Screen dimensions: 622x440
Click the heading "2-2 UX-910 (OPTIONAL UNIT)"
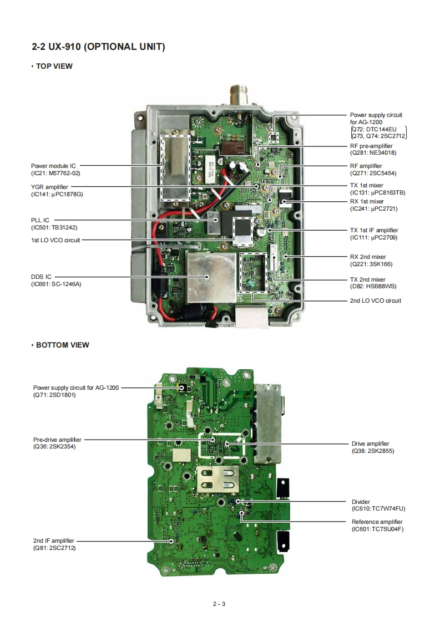98,47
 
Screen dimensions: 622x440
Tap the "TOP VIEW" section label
54,67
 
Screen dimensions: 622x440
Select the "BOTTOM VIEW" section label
62,345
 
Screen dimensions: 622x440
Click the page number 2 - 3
219,604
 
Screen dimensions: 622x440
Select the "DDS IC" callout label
41,277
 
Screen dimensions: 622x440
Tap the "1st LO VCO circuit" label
55,240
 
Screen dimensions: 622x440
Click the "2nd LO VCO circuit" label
375,300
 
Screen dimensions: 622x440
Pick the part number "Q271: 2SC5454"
373,173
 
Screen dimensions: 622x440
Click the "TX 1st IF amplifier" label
374,230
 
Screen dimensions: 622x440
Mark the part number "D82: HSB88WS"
373,287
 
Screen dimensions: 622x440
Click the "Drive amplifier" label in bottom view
370,443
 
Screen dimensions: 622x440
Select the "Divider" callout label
360,502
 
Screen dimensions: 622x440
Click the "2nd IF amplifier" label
53,541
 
